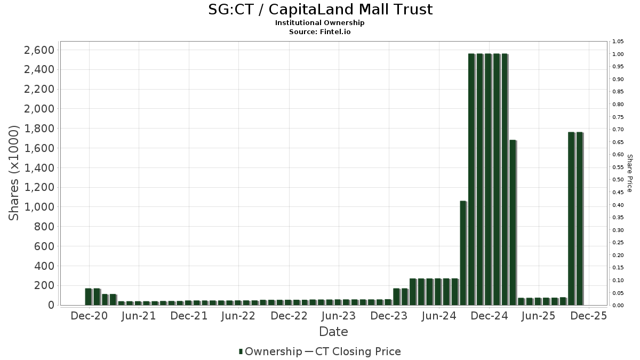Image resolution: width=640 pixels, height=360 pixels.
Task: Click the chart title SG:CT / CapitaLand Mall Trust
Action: point(319,10)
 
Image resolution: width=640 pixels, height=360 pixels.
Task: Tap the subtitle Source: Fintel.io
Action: point(319,31)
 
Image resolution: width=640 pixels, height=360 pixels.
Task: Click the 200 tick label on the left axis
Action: point(44,285)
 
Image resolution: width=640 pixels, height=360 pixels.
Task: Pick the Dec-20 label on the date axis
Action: point(89,316)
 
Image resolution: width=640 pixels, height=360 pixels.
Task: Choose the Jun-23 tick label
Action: point(339,316)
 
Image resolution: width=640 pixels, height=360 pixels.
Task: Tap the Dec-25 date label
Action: point(589,316)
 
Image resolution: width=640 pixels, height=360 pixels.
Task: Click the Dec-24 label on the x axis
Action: point(489,316)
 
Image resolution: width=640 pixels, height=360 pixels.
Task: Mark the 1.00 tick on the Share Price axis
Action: point(618,54)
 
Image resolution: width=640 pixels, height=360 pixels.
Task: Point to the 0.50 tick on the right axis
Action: point(618,180)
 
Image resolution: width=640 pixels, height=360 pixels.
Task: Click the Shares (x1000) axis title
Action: point(14,172)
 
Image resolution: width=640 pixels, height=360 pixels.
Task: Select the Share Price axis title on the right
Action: point(629,173)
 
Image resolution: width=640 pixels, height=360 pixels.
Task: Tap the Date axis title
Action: point(333,332)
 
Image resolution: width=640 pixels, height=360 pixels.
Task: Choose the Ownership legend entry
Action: point(270,351)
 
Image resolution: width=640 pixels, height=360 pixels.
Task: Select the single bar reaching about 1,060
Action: point(463,253)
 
